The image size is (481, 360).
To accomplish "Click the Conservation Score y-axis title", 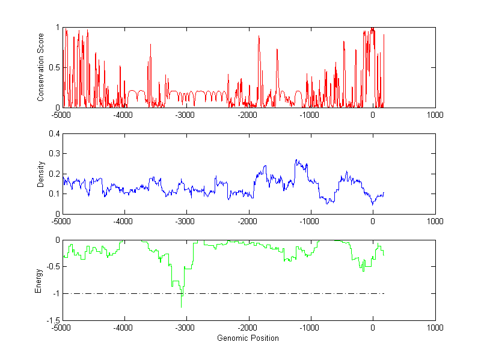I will pos(41,67).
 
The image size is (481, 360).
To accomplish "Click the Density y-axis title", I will pos(41,174).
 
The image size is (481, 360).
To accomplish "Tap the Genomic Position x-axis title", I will pos(248,338).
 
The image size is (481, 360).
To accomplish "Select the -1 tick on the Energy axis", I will pos(55,294).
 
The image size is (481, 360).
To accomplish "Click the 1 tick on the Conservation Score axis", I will pos(57,27).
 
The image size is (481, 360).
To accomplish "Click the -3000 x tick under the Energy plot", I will pos(186,328).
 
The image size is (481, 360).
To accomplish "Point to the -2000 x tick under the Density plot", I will pos(248,221).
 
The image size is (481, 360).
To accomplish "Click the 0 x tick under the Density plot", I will pos(373,221).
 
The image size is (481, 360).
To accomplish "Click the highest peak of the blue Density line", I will pos(296,160).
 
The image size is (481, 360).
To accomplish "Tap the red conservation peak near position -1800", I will pos(259,37).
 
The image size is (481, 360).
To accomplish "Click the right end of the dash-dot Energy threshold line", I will pos(384,294).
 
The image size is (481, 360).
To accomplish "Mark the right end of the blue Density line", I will pos(384,193).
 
